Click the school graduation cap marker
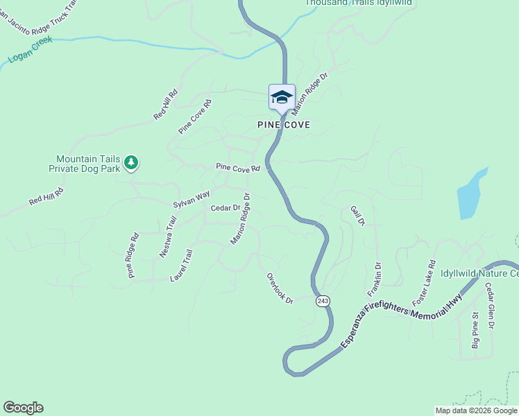click(282, 98)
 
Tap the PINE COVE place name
click(282, 125)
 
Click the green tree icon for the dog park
click(131, 163)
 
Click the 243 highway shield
click(322, 301)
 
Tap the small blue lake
click(472, 193)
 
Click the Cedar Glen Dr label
click(489, 306)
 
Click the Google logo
click(23, 408)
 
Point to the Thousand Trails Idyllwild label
click(359, 3)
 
